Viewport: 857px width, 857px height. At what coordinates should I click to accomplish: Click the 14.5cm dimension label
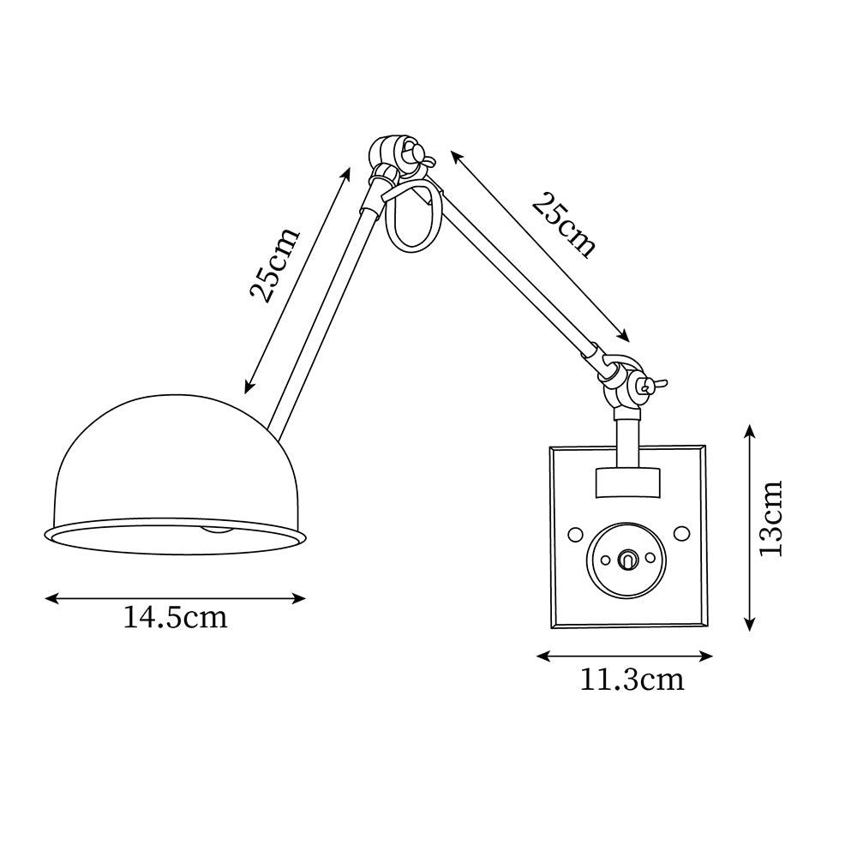[175, 618]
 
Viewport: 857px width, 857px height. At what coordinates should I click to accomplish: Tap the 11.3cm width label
[632, 680]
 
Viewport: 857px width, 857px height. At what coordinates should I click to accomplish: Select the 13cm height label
[771, 518]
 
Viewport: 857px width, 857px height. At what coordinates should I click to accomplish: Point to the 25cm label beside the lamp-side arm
[274, 264]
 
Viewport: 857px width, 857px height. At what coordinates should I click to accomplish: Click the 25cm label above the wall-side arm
[563, 225]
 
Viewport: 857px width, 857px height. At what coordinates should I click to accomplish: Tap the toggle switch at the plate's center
[627, 559]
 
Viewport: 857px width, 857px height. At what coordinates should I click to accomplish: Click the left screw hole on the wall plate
[575, 533]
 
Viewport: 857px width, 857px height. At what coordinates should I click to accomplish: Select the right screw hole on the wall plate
[681, 533]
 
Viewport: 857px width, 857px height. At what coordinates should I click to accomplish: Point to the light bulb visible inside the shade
[218, 529]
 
